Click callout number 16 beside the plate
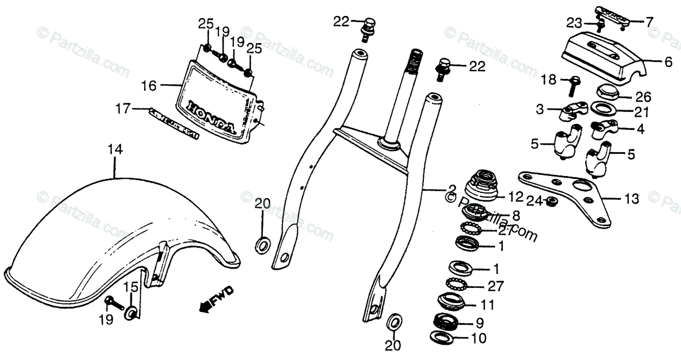click(149, 86)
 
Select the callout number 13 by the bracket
click(631, 199)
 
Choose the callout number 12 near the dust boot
click(515, 197)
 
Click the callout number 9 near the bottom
click(480, 324)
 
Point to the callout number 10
click(480, 339)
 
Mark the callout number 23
click(574, 23)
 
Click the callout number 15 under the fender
click(132, 287)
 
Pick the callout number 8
click(515, 215)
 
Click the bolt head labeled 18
click(574, 81)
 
